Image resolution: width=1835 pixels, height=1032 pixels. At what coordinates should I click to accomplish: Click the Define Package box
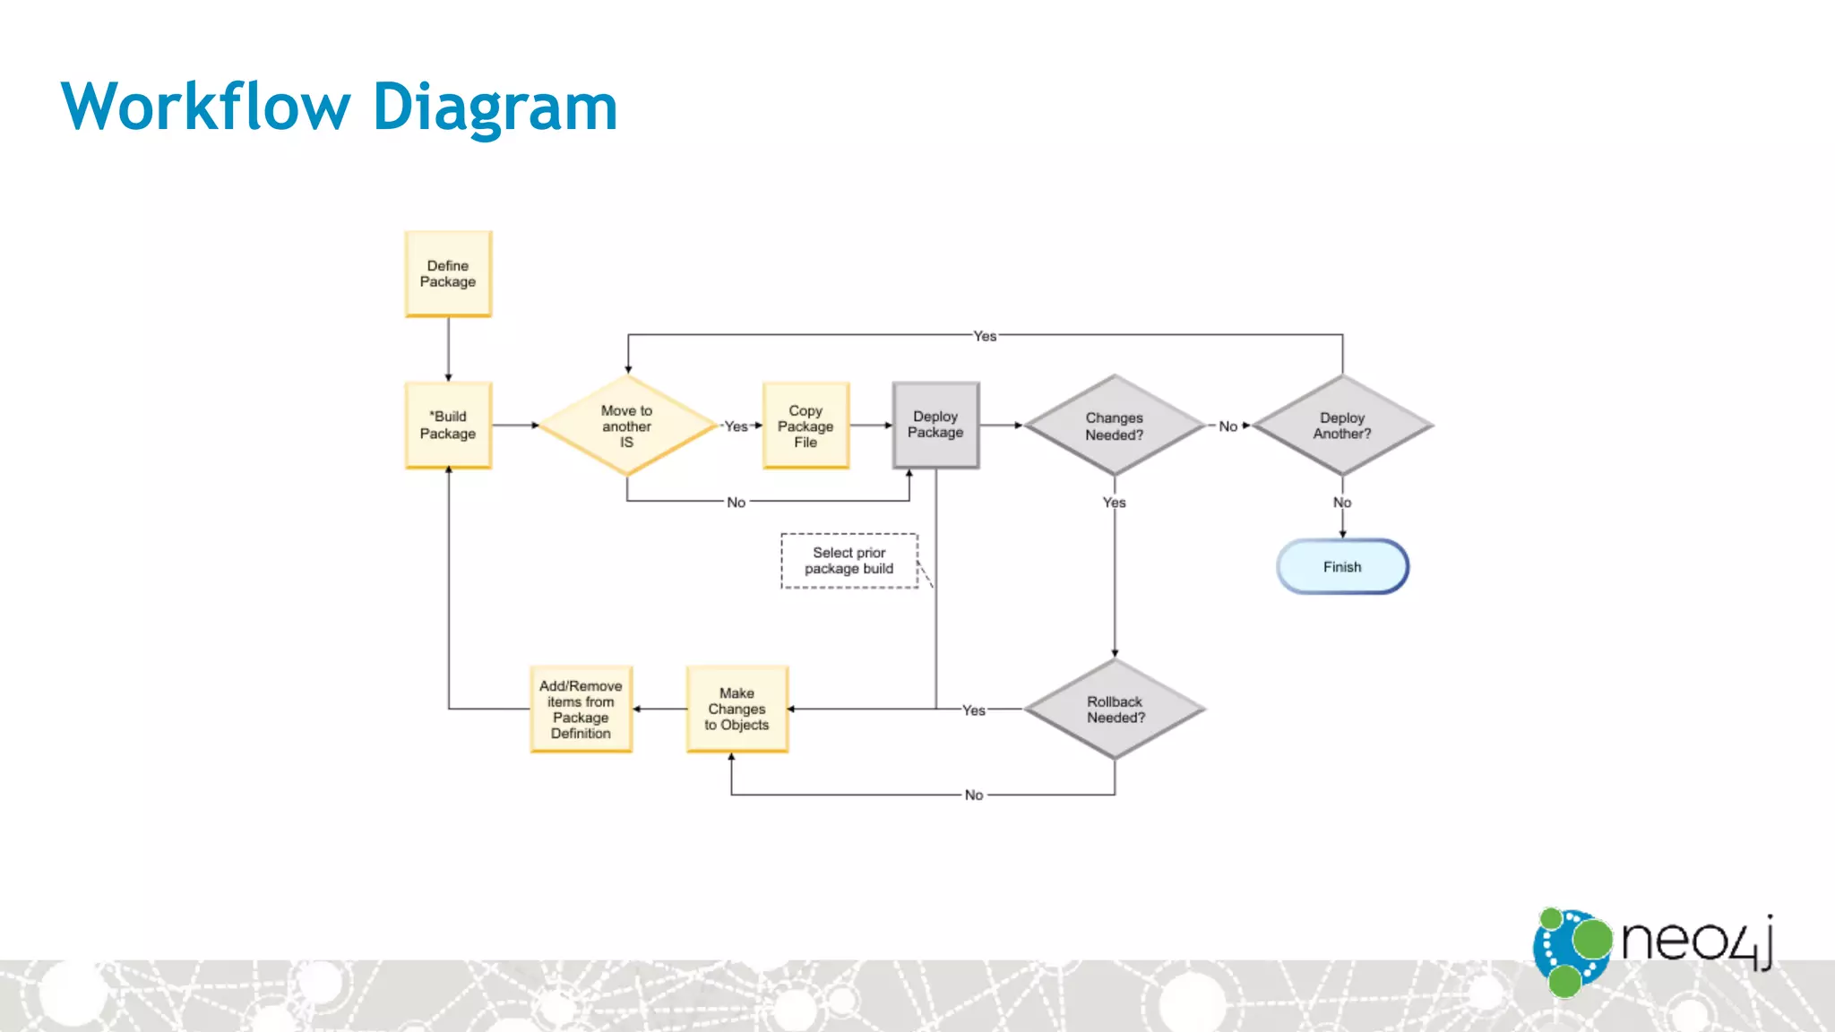tap(448, 274)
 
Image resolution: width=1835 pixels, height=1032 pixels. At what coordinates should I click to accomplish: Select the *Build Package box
tap(448, 426)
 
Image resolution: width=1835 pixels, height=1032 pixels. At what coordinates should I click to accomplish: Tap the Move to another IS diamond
tap(626, 426)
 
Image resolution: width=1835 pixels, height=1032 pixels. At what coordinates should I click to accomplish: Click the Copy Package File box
tap(806, 426)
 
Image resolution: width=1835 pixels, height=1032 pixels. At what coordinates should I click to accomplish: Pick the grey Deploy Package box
tap(935, 425)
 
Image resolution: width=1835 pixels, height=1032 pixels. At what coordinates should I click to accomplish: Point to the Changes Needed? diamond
tap(1114, 426)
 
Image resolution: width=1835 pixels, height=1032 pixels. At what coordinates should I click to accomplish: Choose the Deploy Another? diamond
tap(1341, 426)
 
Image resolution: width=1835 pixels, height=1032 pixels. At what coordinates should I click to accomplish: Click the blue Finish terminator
tap(1341, 566)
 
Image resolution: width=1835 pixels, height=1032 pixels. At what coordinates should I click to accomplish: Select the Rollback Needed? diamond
tap(1115, 709)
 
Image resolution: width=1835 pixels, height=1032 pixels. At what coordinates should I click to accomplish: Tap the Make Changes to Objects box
tap(737, 709)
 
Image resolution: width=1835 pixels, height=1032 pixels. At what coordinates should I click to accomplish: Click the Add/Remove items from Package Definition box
tap(581, 709)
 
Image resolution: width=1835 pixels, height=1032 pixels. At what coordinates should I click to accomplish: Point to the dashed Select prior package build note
tap(849, 561)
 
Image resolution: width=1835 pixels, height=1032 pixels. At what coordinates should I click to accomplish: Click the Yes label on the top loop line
tap(985, 336)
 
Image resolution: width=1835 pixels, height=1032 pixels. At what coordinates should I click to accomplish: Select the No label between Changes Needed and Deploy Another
tap(1228, 426)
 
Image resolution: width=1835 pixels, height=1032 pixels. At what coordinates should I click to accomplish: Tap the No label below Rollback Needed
tap(974, 795)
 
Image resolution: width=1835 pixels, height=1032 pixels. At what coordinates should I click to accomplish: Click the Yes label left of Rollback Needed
tap(974, 710)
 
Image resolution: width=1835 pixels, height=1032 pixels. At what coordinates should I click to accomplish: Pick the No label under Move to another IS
tap(736, 503)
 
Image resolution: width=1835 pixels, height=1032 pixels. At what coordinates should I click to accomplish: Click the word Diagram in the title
tap(495, 107)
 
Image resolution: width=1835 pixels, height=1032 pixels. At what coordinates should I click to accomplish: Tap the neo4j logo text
tap(1696, 941)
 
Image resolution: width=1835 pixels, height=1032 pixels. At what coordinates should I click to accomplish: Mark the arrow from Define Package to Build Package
tap(448, 349)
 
